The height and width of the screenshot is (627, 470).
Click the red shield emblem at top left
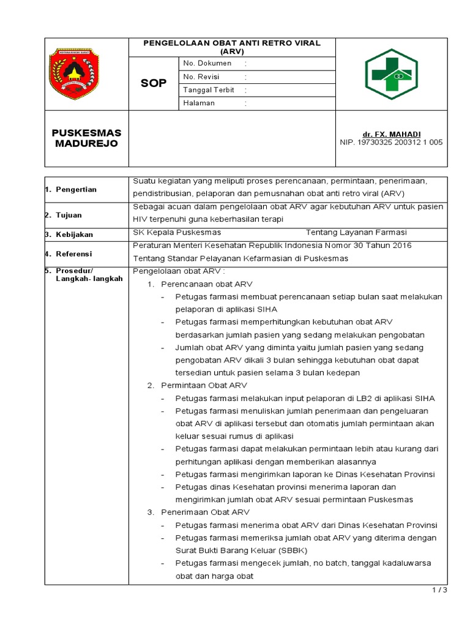click(73, 74)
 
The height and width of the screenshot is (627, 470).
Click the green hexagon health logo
click(391, 74)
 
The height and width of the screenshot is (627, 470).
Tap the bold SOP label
click(154, 83)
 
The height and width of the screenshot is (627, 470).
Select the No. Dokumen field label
click(207, 63)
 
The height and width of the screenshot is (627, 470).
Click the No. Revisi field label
click(201, 77)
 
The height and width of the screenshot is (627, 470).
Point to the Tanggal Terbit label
click(209, 90)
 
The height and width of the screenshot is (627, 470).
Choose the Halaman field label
click(200, 103)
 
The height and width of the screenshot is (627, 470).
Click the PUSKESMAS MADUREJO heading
click(86, 138)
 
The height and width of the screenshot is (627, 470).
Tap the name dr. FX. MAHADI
click(391, 134)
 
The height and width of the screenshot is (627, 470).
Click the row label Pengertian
click(76, 190)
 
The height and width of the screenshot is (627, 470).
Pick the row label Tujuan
click(69, 216)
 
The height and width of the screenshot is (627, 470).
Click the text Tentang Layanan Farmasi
click(356, 233)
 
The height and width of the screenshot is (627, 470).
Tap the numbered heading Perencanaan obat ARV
click(206, 284)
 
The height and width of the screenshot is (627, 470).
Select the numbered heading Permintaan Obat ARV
click(204, 385)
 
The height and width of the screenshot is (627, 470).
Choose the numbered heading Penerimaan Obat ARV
click(205, 512)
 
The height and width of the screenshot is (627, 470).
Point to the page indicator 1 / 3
click(439, 590)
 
